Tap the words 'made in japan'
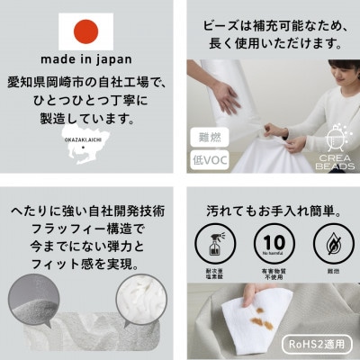[87, 63]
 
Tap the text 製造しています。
[87, 120]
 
